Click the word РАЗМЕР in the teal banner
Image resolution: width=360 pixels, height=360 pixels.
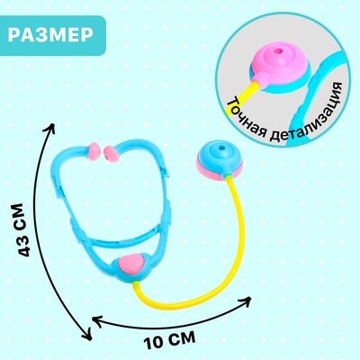click(x=50, y=35)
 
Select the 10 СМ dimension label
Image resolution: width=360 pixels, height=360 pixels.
click(x=169, y=340)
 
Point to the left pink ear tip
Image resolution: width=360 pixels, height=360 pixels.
click(x=94, y=150)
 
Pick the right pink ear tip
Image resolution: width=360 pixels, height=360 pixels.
click(x=111, y=154)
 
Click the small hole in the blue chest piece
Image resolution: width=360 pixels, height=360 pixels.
click(x=221, y=148)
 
